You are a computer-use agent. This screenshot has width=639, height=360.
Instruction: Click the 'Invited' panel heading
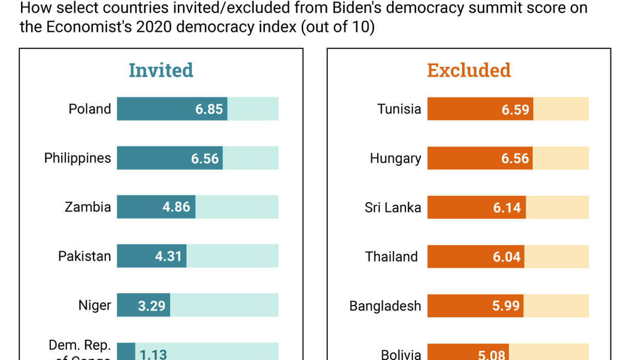(x=161, y=70)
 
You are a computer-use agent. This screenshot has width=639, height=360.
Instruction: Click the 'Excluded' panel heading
(x=469, y=70)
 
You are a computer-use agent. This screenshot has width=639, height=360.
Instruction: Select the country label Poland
(x=90, y=109)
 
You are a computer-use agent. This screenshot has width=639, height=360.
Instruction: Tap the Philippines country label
(x=78, y=158)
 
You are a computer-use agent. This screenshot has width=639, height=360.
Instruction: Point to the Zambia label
(x=88, y=207)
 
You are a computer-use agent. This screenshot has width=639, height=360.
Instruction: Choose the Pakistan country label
(x=85, y=256)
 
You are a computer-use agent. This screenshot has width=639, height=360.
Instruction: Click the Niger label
(x=94, y=305)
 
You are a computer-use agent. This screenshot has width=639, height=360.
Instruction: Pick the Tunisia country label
(x=399, y=109)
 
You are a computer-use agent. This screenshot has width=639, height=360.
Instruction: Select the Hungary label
(x=395, y=158)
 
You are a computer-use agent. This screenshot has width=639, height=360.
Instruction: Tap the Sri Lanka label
(x=393, y=207)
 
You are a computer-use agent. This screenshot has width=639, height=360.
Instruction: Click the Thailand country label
(x=392, y=256)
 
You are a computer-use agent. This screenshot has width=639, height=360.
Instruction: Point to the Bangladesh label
(x=385, y=306)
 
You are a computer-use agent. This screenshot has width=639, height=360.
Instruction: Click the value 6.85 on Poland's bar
(x=209, y=109)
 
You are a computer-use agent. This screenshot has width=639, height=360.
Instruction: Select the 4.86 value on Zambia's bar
(x=176, y=207)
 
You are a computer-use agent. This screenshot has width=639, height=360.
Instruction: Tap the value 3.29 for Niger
(x=151, y=306)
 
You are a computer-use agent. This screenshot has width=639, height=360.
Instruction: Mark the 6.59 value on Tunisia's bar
(x=515, y=109)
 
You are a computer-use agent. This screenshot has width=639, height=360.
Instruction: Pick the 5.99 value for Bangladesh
(x=506, y=306)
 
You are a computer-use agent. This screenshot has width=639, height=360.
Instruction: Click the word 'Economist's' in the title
(x=89, y=27)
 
